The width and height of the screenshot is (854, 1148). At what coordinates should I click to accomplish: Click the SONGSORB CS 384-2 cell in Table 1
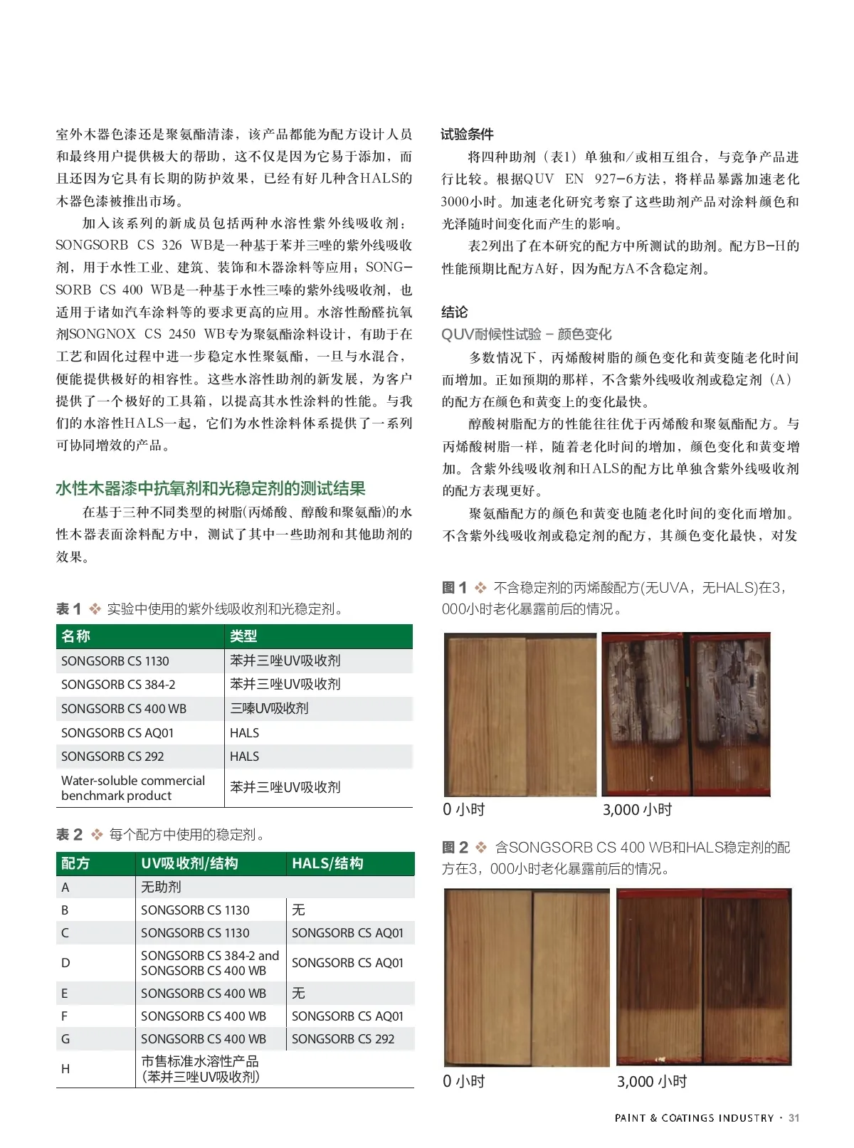118,685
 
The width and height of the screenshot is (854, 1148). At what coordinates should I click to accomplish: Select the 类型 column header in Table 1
243,636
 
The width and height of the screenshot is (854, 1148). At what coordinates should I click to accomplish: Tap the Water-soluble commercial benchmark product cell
133,788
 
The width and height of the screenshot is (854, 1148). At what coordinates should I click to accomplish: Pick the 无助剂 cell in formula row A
161,888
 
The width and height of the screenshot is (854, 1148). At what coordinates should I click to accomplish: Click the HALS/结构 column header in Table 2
327,864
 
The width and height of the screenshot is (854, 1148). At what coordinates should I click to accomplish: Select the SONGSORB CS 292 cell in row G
343,1039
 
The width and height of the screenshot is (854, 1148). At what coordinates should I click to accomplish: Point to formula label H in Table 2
65,1069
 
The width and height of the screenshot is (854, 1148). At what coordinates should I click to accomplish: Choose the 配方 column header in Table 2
75,864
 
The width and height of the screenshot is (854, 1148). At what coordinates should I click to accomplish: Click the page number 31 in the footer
794,1118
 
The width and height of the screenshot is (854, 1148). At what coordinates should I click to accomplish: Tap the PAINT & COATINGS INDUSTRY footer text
694,1118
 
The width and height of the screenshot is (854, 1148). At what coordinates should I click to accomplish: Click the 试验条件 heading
467,135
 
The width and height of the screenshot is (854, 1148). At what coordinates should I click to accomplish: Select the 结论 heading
455,312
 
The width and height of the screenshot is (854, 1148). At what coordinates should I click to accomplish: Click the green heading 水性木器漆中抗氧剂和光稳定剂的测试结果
211,488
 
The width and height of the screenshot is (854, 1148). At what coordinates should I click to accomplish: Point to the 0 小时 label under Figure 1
463,809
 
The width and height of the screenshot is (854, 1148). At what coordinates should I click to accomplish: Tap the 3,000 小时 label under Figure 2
651,1082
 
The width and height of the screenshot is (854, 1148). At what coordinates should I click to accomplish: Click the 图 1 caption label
454,588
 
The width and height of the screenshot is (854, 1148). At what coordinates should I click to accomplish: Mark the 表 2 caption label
69,835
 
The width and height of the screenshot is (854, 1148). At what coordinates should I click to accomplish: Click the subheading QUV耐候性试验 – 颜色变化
526,335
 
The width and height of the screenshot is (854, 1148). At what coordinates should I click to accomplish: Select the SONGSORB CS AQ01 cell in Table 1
117,733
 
